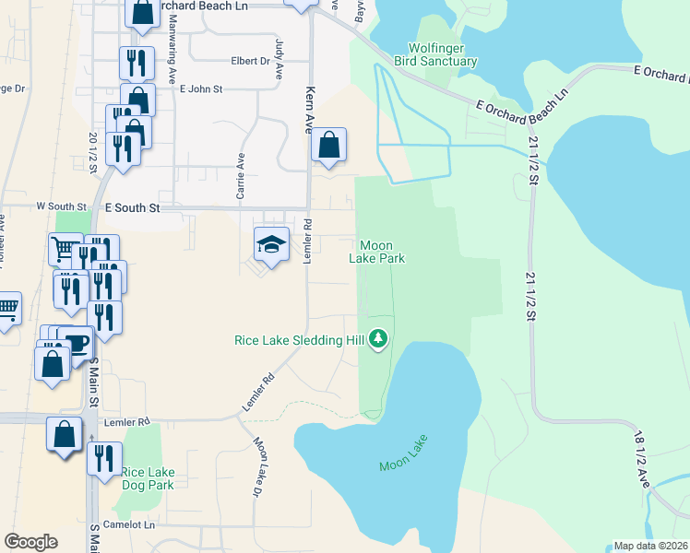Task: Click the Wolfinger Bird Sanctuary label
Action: [x=443, y=54]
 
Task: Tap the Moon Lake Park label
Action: [x=376, y=252]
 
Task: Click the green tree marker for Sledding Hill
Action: [x=377, y=340]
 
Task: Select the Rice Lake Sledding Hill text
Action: [x=301, y=340]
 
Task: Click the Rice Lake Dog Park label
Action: [x=148, y=478]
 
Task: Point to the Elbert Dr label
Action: [x=249, y=62]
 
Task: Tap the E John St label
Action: [x=202, y=89]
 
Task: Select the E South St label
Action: [x=133, y=208]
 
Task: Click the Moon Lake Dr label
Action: [x=258, y=466]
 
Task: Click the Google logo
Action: [x=30, y=542]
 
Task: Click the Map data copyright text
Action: [x=651, y=546]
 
